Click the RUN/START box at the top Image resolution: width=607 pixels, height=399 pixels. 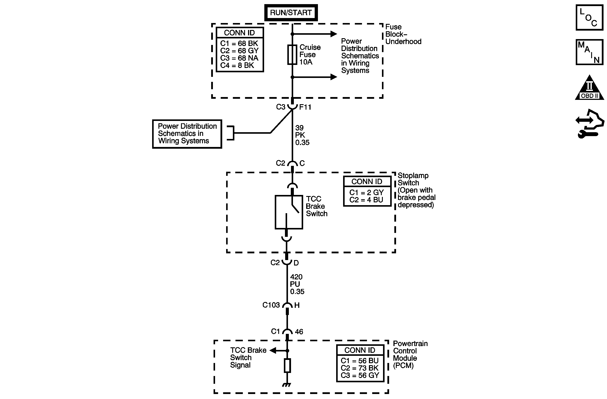[x=291, y=13]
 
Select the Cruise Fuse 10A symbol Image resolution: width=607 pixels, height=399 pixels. [x=292, y=54]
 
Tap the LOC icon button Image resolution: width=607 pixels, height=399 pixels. [x=589, y=18]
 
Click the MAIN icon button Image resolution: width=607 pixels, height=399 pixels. [x=589, y=52]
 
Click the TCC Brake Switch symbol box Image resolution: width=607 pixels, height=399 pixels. [x=289, y=212]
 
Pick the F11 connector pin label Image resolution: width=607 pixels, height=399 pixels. [x=305, y=107]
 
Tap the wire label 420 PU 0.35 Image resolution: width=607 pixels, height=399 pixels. [x=297, y=284]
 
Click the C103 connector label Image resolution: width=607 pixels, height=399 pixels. [x=271, y=305]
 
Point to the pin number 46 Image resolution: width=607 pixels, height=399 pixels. [x=299, y=332]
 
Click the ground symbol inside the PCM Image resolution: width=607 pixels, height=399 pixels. [x=287, y=385]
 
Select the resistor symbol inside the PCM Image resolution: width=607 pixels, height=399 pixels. [x=287, y=365]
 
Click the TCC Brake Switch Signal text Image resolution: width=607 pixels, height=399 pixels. [x=248, y=358]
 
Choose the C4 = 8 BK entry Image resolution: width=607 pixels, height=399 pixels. [x=237, y=66]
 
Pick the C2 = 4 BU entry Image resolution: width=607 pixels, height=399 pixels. [x=366, y=200]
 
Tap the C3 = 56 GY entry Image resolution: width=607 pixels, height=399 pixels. [x=360, y=376]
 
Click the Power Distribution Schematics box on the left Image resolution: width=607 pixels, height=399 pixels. [x=187, y=134]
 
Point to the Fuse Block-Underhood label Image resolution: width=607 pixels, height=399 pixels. [x=403, y=34]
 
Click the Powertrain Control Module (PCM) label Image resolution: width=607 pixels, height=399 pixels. [x=410, y=355]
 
